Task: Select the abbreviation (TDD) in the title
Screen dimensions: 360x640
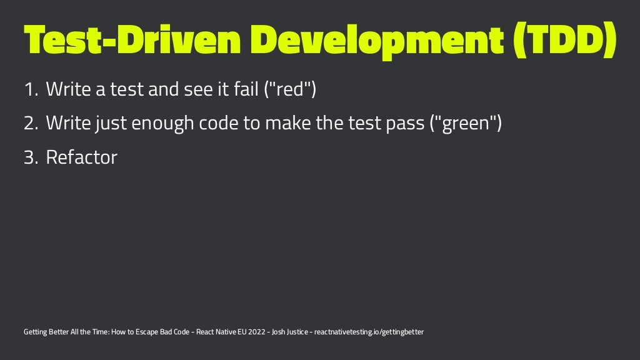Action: (565, 41)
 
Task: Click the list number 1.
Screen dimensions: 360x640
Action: (31, 91)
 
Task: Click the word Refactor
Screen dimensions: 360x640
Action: (81, 157)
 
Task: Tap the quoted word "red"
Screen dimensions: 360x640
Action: (289, 91)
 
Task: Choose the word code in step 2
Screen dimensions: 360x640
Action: (219, 124)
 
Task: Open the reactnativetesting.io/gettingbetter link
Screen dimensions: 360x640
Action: (369, 332)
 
